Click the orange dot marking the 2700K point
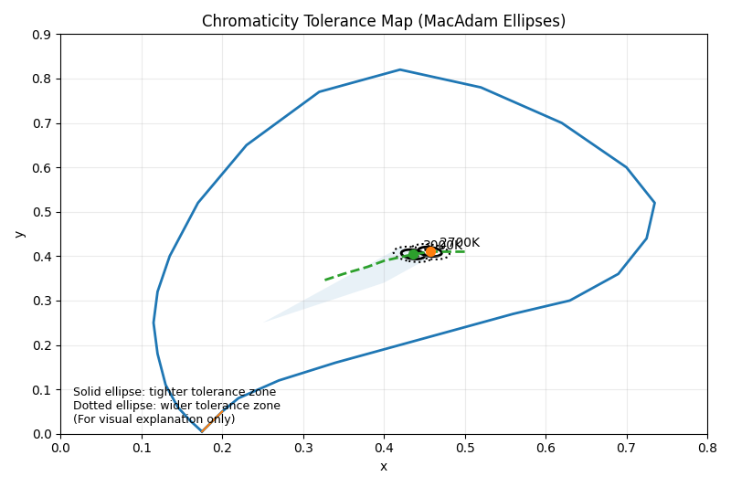click(x=431, y=251)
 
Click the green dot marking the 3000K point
click(x=413, y=254)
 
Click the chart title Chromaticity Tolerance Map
click(x=383, y=21)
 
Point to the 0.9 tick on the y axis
click(x=40, y=35)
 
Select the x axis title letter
click(x=383, y=467)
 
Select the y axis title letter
click(x=18, y=234)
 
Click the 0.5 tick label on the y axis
click(x=40, y=212)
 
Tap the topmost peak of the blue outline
click(x=399, y=69)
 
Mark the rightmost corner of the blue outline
click(x=654, y=203)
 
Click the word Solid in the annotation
click(x=89, y=392)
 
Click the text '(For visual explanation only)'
click(x=154, y=419)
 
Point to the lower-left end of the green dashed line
click(x=325, y=280)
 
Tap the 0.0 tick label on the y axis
click(x=40, y=434)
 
